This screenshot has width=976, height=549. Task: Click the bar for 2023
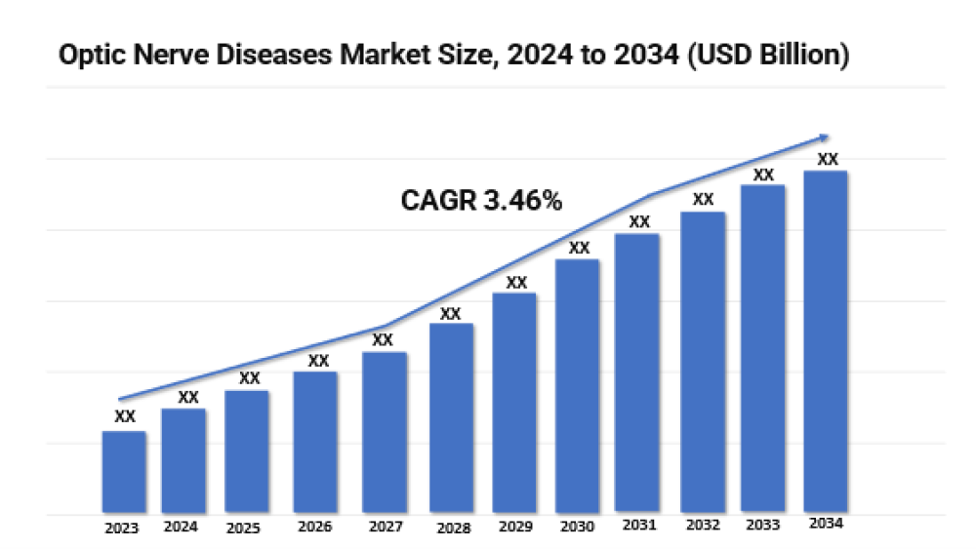124,472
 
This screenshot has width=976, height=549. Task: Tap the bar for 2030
578,386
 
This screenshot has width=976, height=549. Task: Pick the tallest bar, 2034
825,341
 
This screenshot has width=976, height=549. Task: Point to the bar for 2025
247,451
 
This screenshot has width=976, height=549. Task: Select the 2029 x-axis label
514,528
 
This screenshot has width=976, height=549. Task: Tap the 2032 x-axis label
703,527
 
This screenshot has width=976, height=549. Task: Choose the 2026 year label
314,528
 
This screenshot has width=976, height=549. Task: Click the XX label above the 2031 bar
639,221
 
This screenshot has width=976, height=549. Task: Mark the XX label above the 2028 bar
450,313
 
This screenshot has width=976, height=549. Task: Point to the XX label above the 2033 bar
764,175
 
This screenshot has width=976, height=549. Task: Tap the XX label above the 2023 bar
124,416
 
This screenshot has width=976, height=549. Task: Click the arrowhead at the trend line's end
825,137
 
